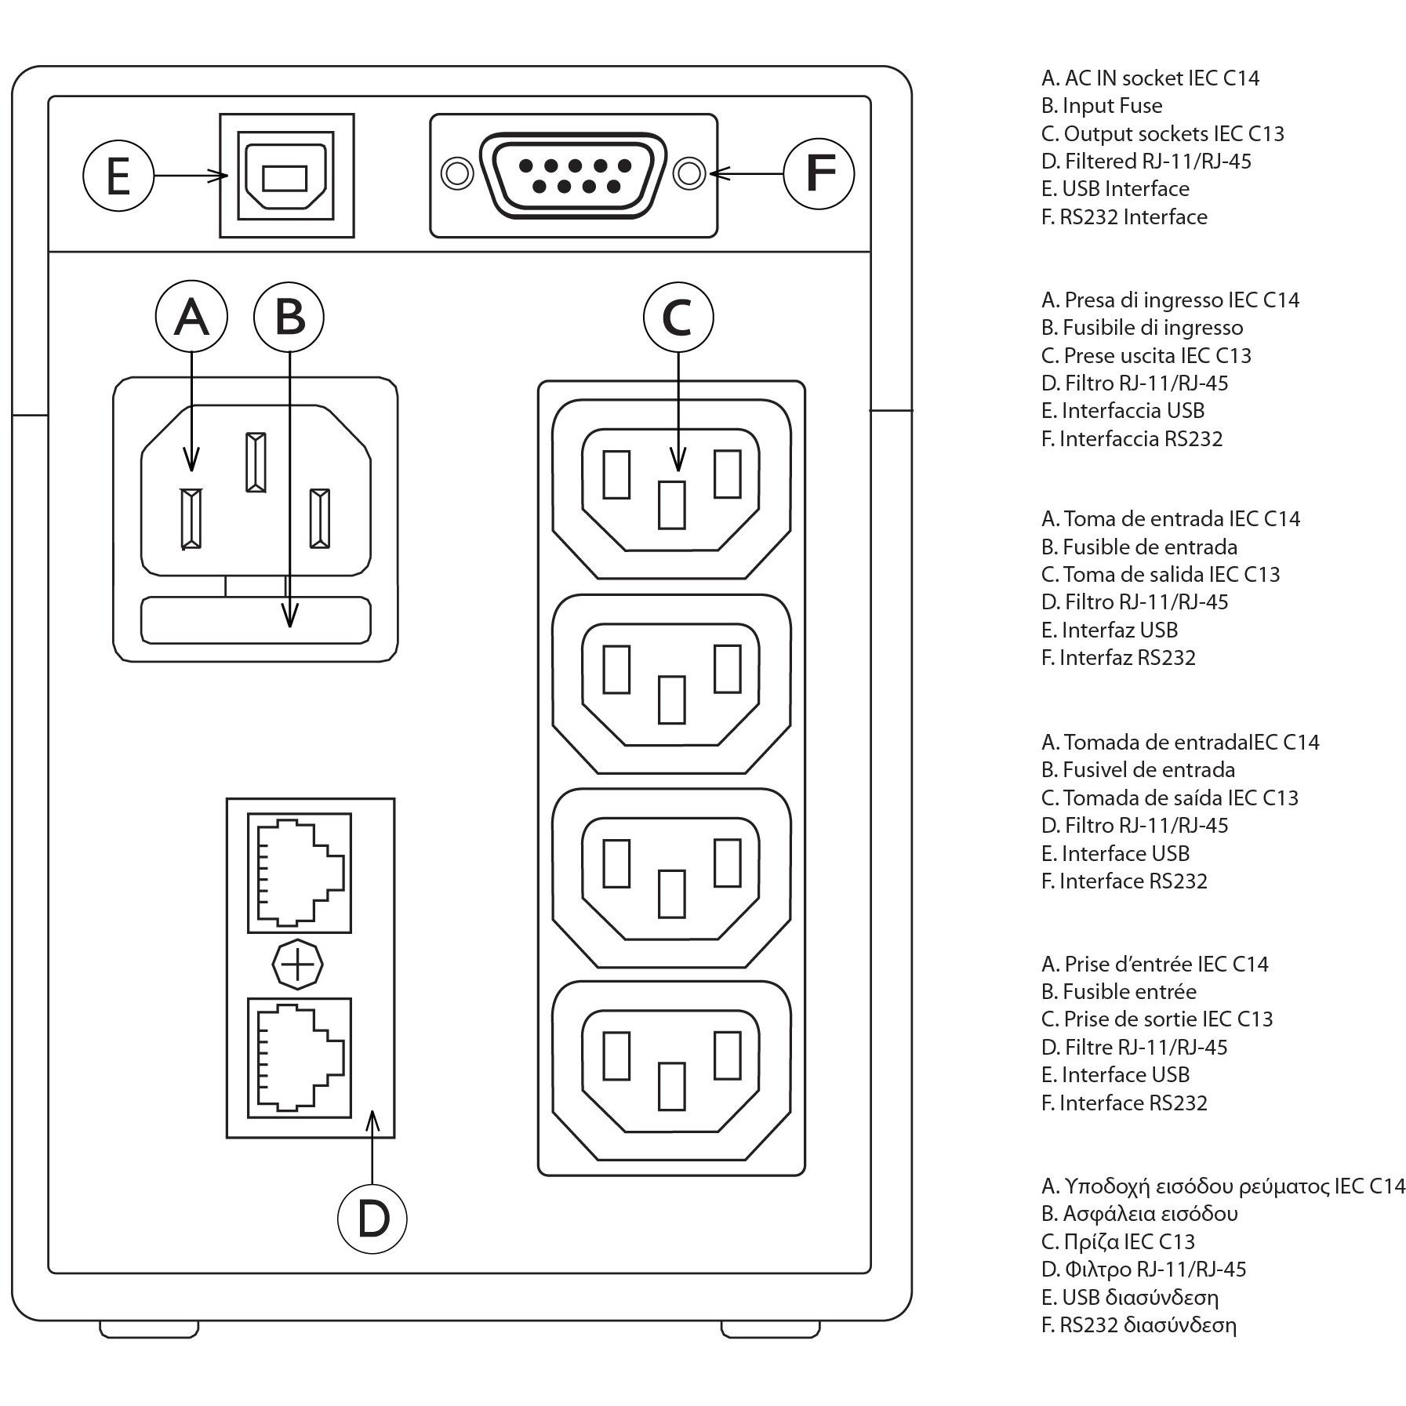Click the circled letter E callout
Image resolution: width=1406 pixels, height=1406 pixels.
(x=118, y=176)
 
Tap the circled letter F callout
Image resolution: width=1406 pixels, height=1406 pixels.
(x=819, y=173)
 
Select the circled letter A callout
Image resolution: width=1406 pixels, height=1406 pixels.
(x=191, y=317)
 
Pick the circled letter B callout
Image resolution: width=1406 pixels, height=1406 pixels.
(x=289, y=317)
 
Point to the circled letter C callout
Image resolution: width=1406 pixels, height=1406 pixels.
(x=678, y=317)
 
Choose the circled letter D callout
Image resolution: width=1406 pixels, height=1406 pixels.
(x=372, y=1218)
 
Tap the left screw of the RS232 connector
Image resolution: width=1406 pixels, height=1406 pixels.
(x=456, y=173)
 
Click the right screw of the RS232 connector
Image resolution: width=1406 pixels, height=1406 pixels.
(x=689, y=173)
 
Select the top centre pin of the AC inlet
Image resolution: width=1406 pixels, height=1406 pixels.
(x=256, y=462)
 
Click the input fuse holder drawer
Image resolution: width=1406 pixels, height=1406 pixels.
(x=256, y=619)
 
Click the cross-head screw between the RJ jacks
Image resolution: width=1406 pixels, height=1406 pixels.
(x=297, y=965)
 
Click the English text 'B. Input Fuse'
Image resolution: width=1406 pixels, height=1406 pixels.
(x=1102, y=106)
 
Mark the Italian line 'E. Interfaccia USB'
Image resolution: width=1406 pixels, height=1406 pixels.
(x=1122, y=411)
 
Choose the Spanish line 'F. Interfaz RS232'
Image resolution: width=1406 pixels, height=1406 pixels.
(x=1118, y=657)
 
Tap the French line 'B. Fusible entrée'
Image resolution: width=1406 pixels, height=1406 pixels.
(x=1118, y=992)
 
